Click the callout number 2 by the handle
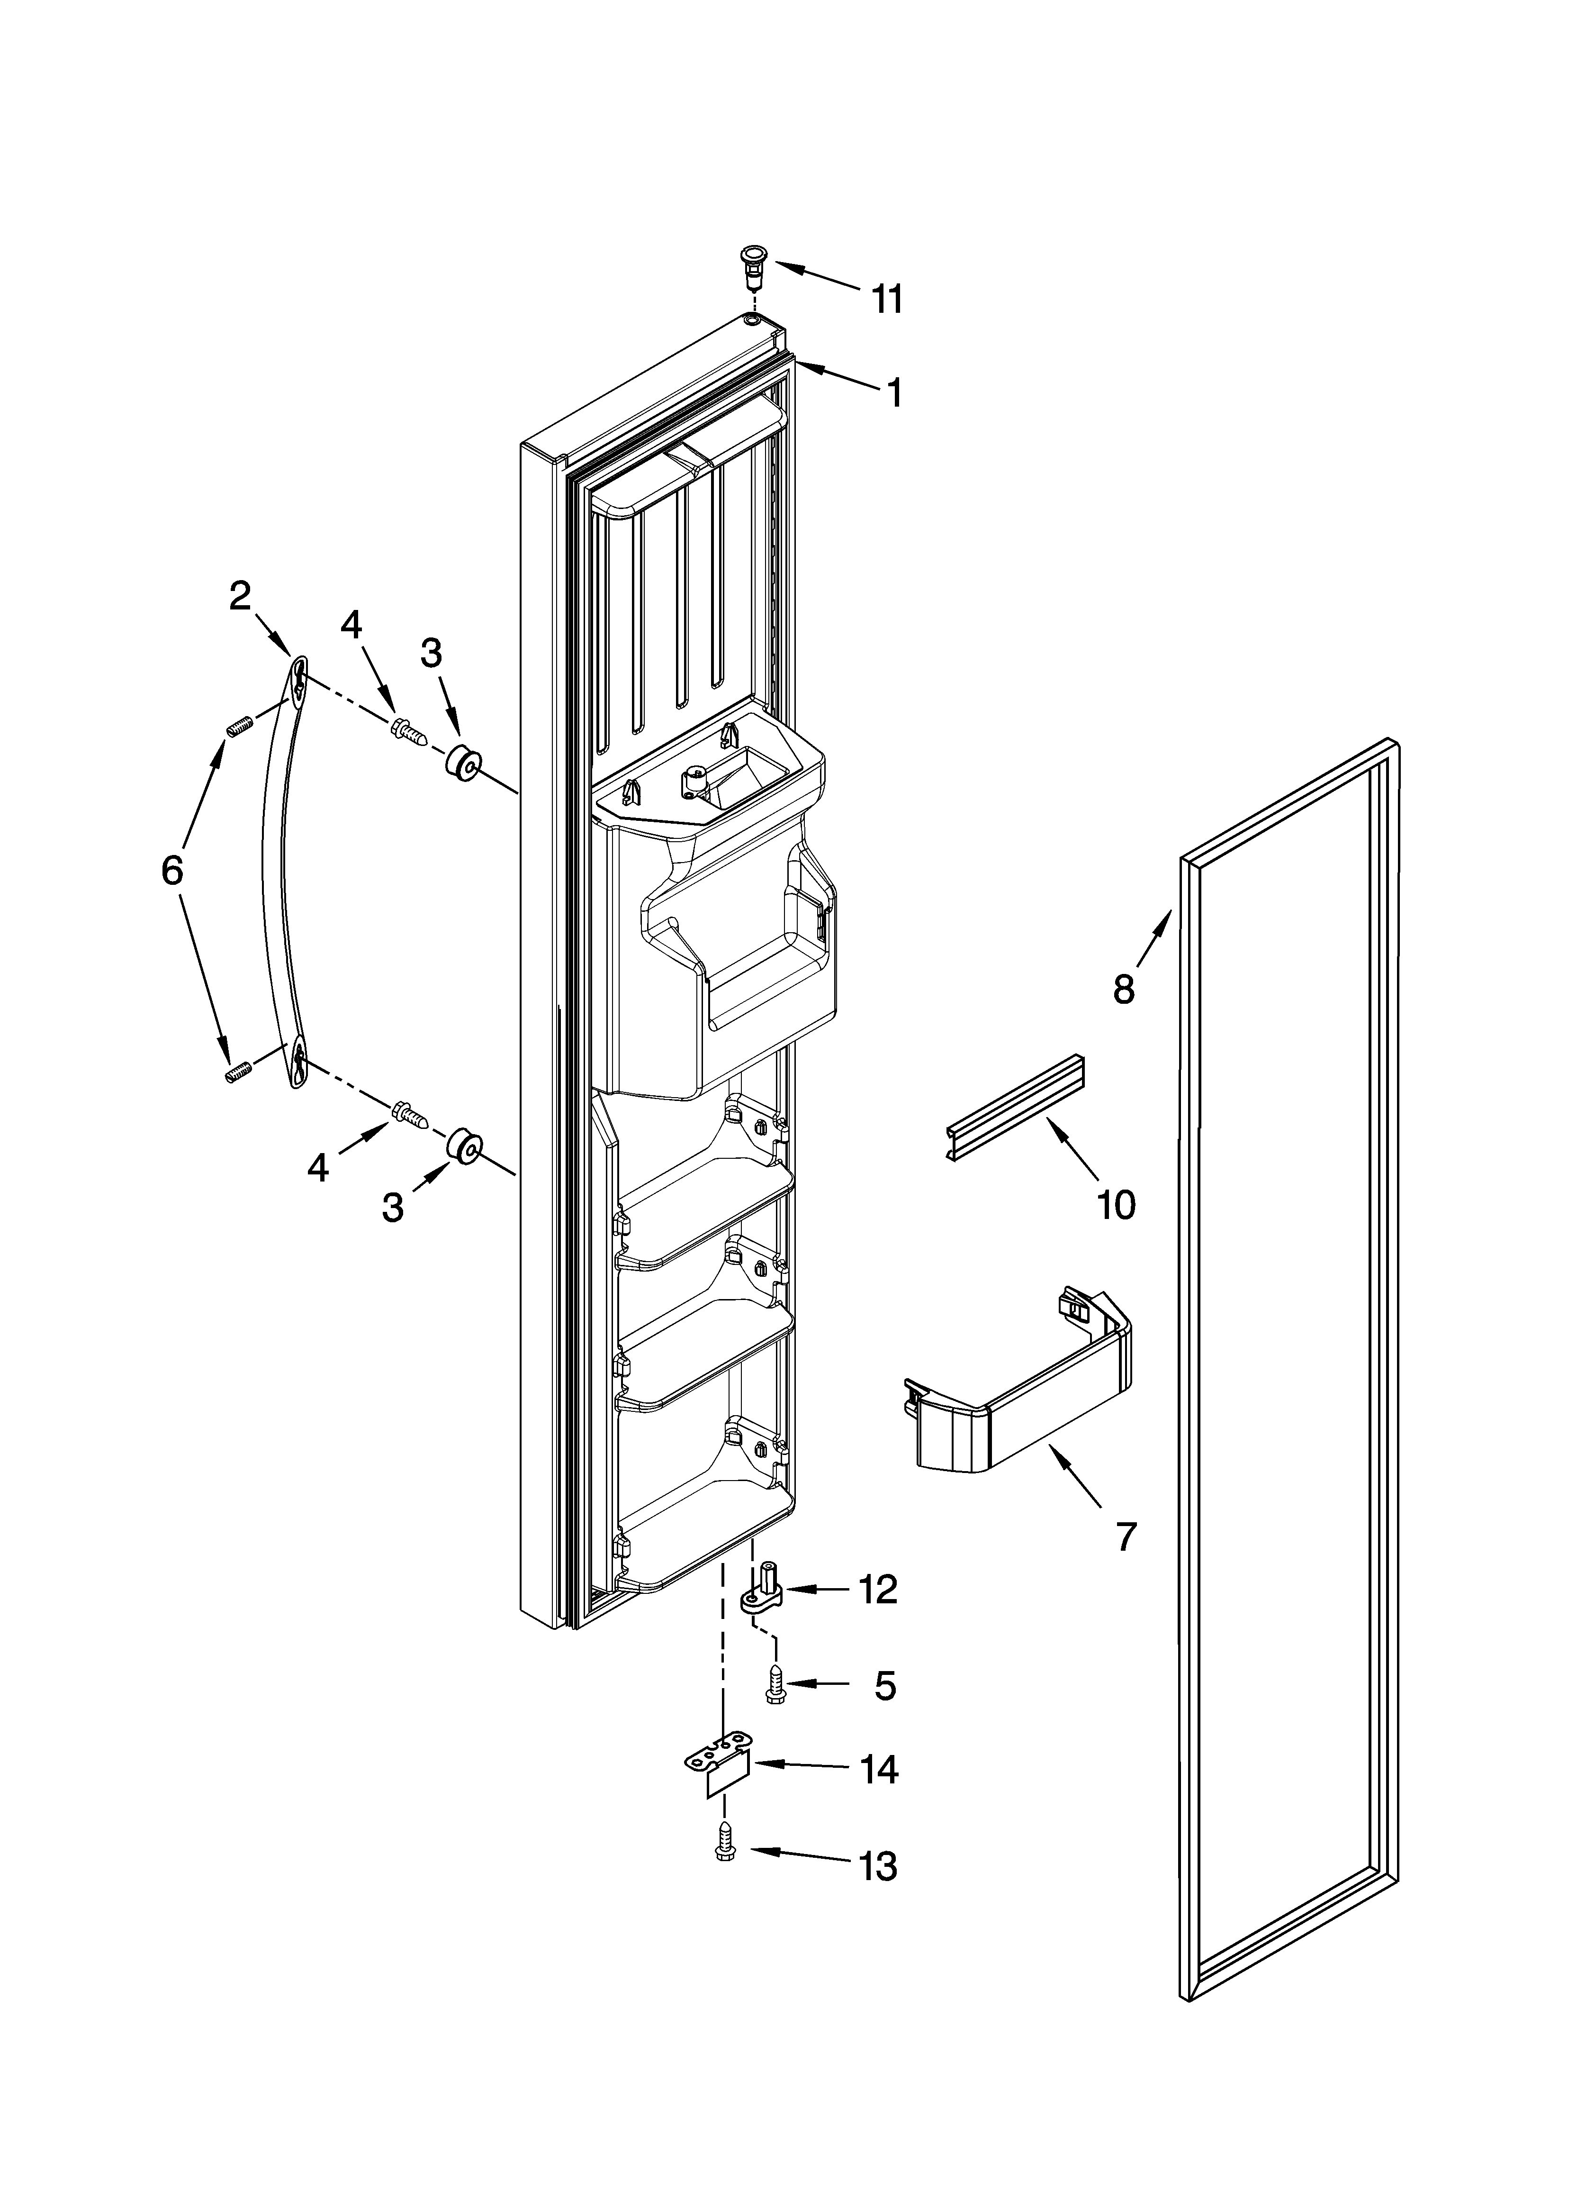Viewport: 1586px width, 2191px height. (240, 596)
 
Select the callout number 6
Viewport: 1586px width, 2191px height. (172, 871)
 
